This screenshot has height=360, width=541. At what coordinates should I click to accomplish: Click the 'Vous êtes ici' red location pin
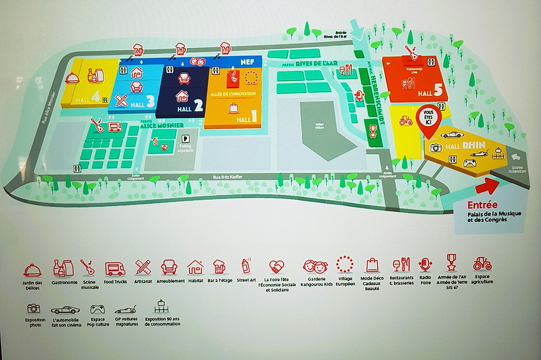coord(426,115)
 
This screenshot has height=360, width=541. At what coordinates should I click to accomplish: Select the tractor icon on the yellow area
coord(406,121)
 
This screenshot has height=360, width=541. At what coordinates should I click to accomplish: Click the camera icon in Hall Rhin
coord(436,148)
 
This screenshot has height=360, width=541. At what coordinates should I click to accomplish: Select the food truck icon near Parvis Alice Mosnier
coord(115,126)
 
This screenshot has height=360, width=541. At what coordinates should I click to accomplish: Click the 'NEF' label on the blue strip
coord(247,60)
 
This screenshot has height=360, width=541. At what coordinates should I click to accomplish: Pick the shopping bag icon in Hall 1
coord(233,108)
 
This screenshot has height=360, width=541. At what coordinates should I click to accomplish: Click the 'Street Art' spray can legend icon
coord(245,265)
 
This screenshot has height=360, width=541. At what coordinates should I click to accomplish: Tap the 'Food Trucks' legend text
coord(115,281)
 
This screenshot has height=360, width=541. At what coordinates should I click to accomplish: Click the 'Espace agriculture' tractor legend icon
coord(482,264)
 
